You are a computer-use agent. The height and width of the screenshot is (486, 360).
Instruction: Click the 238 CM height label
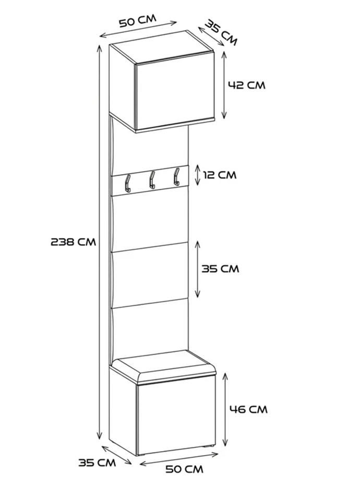(x=73, y=241)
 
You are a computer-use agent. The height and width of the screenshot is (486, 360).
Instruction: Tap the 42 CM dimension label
(x=247, y=84)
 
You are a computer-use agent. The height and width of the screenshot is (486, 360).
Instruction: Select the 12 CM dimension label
(x=219, y=175)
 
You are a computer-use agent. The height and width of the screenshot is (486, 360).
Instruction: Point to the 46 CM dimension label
(x=248, y=409)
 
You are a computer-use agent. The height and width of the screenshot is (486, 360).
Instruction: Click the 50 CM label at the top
(x=137, y=21)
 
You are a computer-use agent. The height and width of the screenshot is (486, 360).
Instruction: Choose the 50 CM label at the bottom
(x=184, y=469)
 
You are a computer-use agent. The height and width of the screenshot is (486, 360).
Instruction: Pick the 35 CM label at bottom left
(x=98, y=462)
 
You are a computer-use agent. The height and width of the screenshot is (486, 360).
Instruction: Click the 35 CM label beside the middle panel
(x=220, y=269)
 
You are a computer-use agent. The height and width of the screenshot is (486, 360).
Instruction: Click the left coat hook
(x=127, y=183)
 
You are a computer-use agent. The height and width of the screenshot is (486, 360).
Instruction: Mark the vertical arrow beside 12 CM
(x=198, y=175)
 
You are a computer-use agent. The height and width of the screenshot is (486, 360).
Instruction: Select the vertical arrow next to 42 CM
(x=224, y=84)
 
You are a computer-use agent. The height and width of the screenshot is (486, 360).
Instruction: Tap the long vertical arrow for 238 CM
(x=100, y=241)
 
